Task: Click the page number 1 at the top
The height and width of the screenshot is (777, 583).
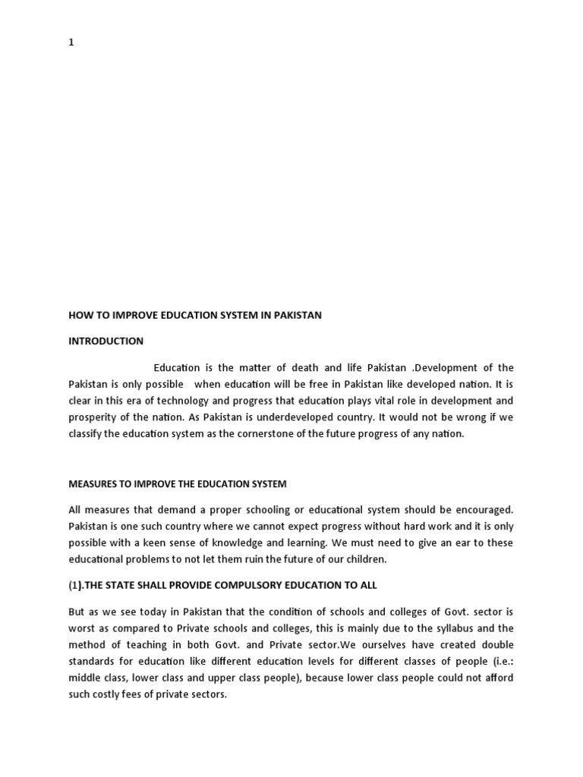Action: pyautogui.click(x=71, y=42)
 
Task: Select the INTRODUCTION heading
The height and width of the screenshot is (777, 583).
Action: pyautogui.click(x=106, y=341)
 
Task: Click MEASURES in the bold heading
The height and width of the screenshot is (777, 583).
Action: pyautogui.click(x=94, y=483)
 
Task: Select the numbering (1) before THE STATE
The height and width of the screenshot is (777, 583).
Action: pyautogui.click(x=77, y=585)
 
